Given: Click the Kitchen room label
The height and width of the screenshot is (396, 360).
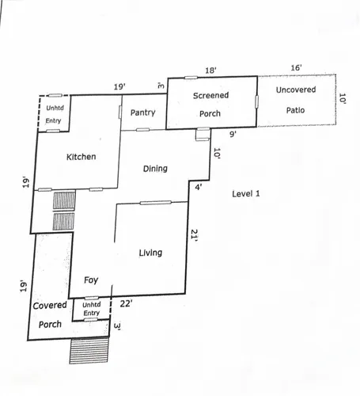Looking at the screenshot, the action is pyautogui.click(x=81, y=157).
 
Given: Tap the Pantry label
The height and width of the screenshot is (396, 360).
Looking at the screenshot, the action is pyautogui.click(x=142, y=112).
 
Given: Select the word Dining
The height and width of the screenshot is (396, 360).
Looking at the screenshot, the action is pyautogui.click(x=155, y=169).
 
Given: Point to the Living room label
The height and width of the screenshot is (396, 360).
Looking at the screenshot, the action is pyautogui.click(x=150, y=253).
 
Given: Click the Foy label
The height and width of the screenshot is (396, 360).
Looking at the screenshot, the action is pyautogui.click(x=91, y=280).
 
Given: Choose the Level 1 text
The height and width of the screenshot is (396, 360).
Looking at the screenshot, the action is pyautogui.click(x=246, y=194).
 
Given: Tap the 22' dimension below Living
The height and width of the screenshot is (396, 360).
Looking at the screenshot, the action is pyautogui.click(x=126, y=303).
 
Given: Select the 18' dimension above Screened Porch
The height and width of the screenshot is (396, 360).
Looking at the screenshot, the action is pyautogui.click(x=210, y=70).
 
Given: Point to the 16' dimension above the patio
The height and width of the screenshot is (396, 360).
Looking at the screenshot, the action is pyautogui.click(x=296, y=68).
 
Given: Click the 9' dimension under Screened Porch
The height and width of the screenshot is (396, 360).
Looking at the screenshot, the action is pyautogui.click(x=233, y=134).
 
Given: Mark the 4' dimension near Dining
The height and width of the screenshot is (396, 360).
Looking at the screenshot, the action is pyautogui.click(x=199, y=187).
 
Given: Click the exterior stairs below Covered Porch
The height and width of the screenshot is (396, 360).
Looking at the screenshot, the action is pyautogui.click(x=89, y=351).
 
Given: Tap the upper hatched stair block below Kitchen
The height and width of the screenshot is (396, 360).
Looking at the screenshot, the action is pyautogui.click(x=64, y=200).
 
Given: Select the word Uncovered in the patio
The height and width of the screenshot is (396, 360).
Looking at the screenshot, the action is pyautogui.click(x=296, y=89).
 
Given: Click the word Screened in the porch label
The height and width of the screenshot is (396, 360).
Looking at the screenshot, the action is pyautogui.click(x=210, y=95).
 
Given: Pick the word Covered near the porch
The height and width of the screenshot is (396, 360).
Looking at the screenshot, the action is pyautogui.click(x=50, y=306).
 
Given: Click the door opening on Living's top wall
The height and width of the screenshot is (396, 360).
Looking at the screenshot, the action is pyautogui.click(x=156, y=203).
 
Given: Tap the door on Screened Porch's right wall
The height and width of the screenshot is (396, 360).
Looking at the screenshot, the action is pyautogui.click(x=256, y=101).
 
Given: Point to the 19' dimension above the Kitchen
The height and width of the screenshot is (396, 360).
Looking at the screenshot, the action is pyautogui.click(x=119, y=86).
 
